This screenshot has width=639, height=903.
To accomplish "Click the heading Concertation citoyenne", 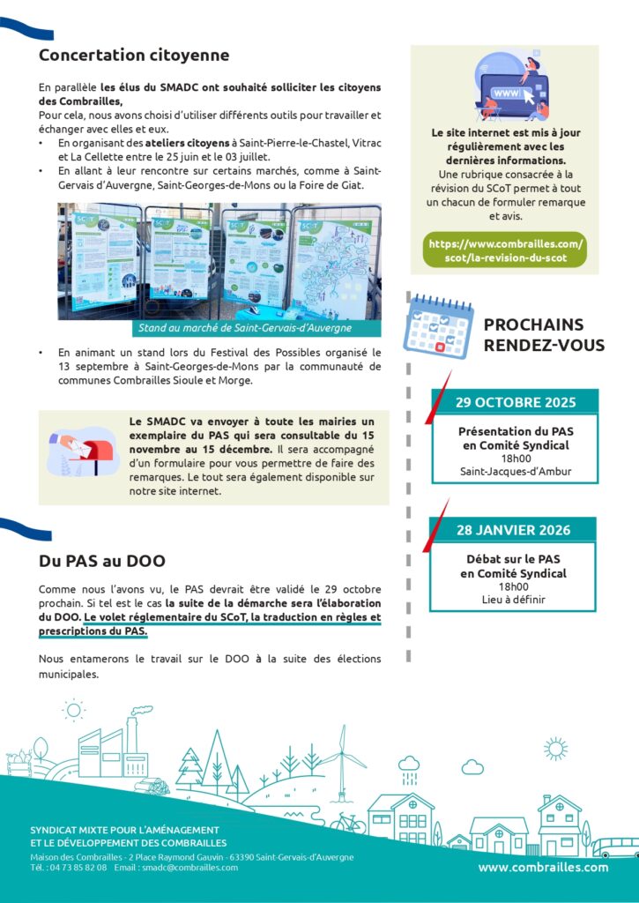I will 134,56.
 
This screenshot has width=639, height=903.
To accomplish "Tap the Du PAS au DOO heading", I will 102,561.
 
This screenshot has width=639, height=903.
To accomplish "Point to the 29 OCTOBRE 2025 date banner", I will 515,403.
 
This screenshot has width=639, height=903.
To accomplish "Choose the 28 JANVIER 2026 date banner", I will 513,530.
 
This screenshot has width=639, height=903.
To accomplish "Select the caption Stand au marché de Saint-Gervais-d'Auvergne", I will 244,328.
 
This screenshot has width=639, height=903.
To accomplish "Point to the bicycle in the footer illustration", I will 347,822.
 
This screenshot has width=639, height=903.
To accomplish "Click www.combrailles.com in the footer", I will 543,867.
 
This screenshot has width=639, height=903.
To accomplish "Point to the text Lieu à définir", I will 514,600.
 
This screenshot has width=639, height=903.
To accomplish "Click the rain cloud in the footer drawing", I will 409,767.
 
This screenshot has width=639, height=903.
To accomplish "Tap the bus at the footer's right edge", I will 615,847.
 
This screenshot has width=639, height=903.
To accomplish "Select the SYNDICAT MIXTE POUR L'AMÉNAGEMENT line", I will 124,831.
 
